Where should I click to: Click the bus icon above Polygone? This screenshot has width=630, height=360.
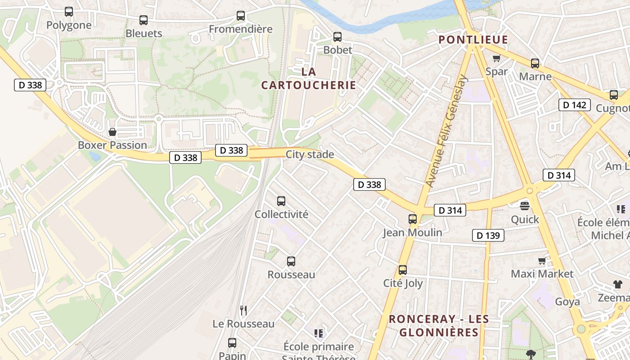(68, 12)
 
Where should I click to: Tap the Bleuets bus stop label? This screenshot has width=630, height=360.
(144, 33)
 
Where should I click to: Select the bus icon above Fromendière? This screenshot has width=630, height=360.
(241, 16)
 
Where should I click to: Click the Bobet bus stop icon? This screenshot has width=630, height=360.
(337, 37)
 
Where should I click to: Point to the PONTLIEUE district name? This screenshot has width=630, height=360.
(473, 40)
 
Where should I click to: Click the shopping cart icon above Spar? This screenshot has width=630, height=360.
(496, 58)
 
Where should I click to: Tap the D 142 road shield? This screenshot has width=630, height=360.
(575, 105)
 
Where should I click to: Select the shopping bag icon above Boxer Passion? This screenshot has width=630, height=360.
(112, 132)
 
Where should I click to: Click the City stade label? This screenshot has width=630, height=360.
(310, 154)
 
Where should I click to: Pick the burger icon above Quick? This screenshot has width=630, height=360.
(525, 206)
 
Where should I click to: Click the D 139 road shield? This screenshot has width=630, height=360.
(488, 235)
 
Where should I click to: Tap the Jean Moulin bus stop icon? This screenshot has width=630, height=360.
(412, 219)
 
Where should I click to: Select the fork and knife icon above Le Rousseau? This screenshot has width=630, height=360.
(243, 310)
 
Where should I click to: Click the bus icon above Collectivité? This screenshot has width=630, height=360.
(281, 201)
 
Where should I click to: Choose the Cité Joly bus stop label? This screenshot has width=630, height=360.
(403, 283)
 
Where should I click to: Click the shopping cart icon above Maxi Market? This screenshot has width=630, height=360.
(542, 261)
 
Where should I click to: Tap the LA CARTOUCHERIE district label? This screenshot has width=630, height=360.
(309, 78)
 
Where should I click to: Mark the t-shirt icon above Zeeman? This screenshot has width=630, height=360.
(617, 284)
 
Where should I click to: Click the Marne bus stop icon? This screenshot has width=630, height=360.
(535, 63)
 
